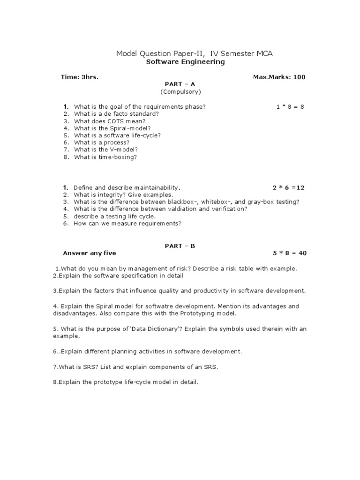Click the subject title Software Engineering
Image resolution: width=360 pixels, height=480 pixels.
tap(185, 62)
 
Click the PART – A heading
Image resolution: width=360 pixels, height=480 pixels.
tap(180, 84)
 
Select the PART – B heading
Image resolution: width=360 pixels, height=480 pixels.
tap(180, 246)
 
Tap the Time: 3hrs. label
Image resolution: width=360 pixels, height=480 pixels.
tap(80, 77)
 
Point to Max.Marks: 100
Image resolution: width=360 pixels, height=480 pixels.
tap(279, 77)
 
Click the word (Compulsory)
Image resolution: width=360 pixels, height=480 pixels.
tap(180, 91)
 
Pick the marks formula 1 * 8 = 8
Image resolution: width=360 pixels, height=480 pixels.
tap(290, 106)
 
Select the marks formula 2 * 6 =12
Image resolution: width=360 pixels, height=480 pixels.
tap(288, 188)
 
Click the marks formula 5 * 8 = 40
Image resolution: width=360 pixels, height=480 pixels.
tap(289, 253)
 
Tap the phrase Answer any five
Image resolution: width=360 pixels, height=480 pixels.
tap(89, 253)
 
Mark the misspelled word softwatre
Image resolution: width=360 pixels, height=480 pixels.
tap(156, 306)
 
